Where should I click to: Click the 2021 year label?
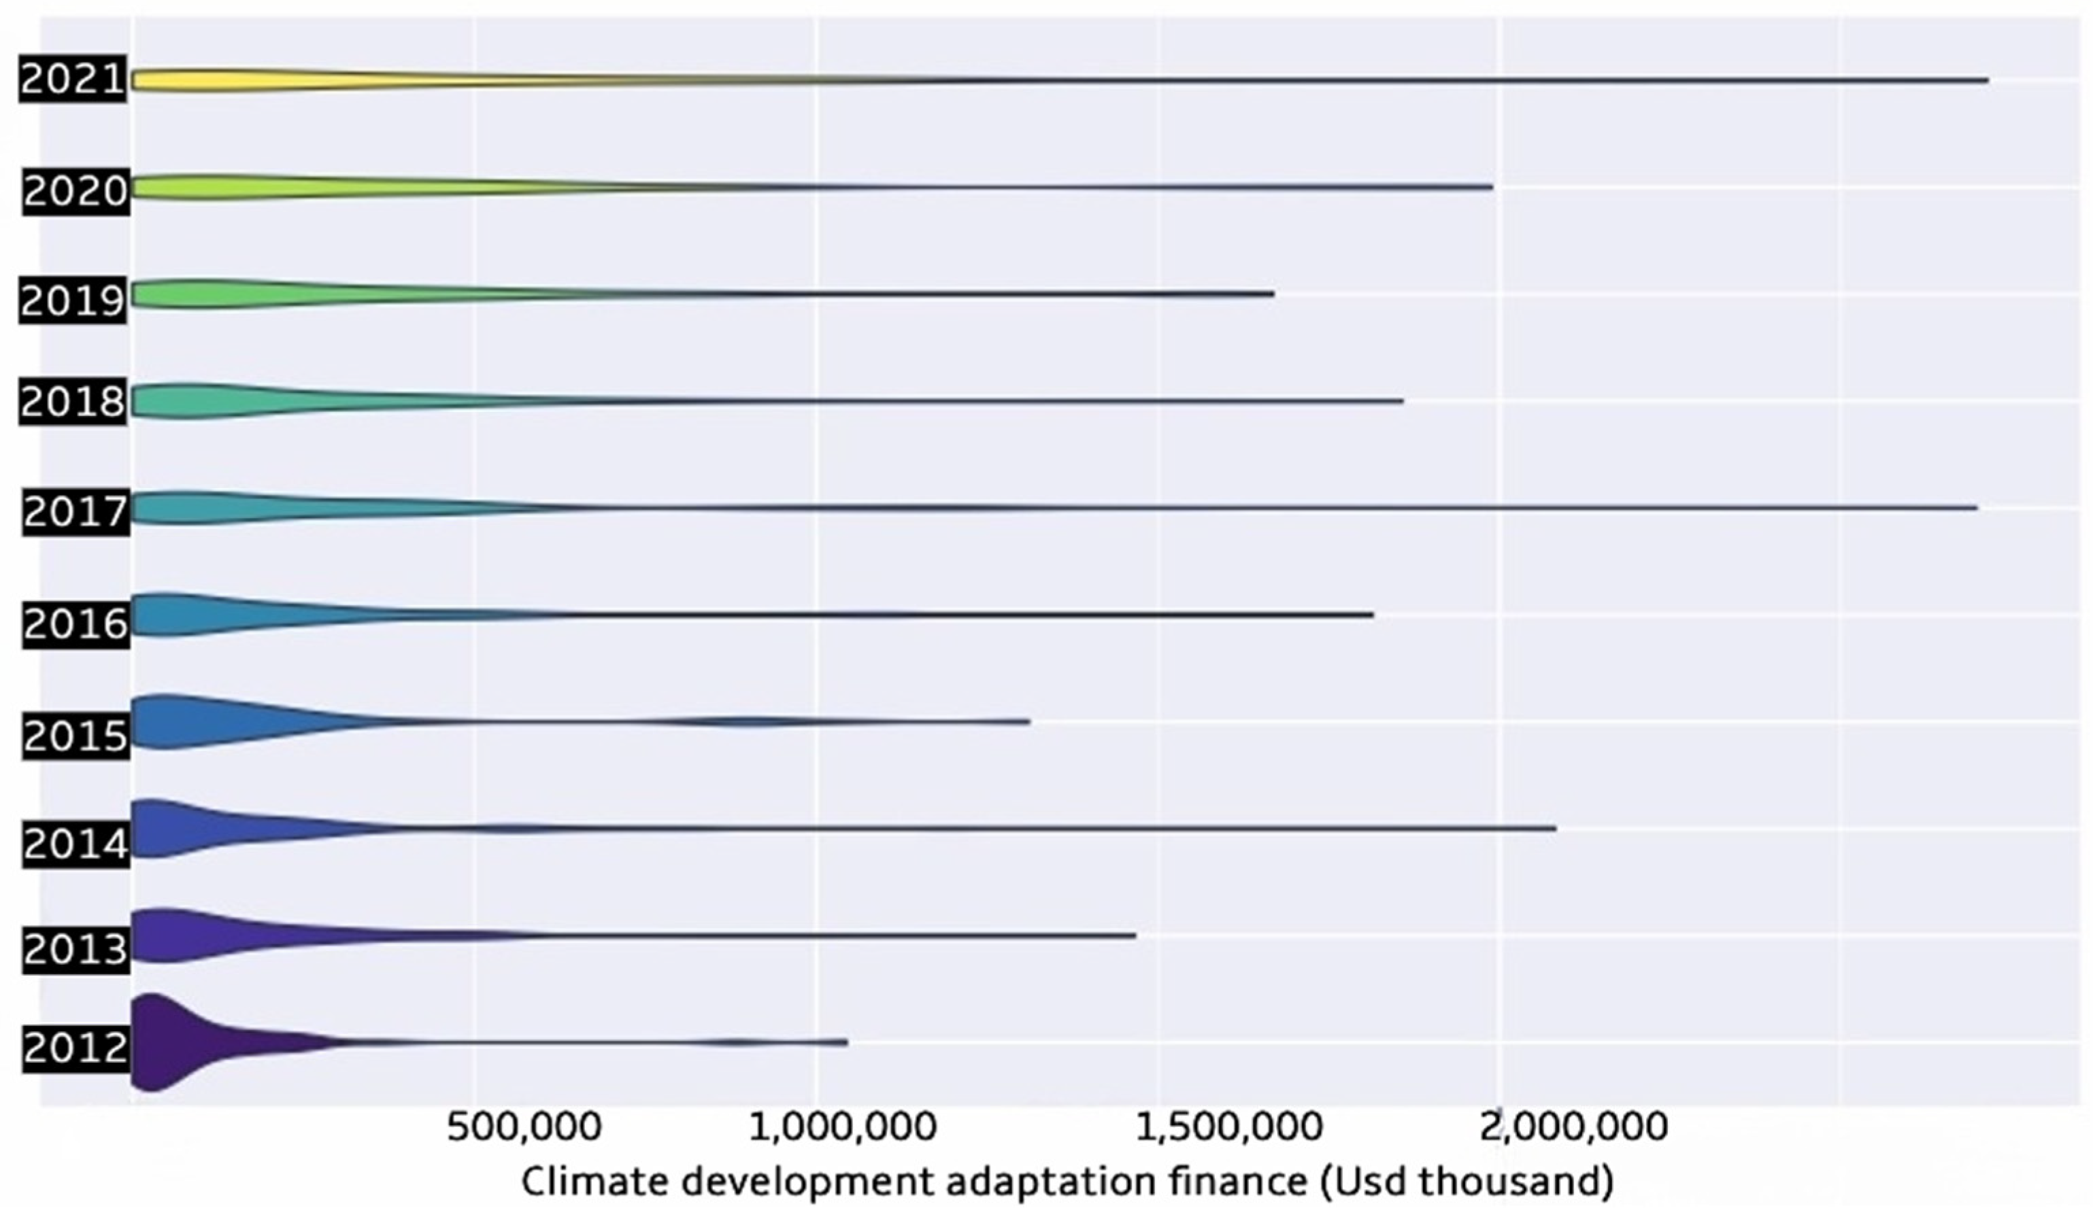click(x=73, y=80)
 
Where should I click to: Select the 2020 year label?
click(x=76, y=191)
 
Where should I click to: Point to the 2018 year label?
click(x=73, y=402)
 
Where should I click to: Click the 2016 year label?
click(x=76, y=623)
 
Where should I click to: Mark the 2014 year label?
click(x=76, y=844)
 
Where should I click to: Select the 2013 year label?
click(x=76, y=948)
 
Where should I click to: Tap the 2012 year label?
click(x=76, y=1048)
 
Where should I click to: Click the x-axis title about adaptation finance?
click(x=1067, y=1182)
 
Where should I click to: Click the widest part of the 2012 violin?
click(x=154, y=1042)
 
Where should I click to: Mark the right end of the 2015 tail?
click(x=1029, y=721)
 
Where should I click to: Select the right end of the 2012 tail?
click(x=846, y=1042)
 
